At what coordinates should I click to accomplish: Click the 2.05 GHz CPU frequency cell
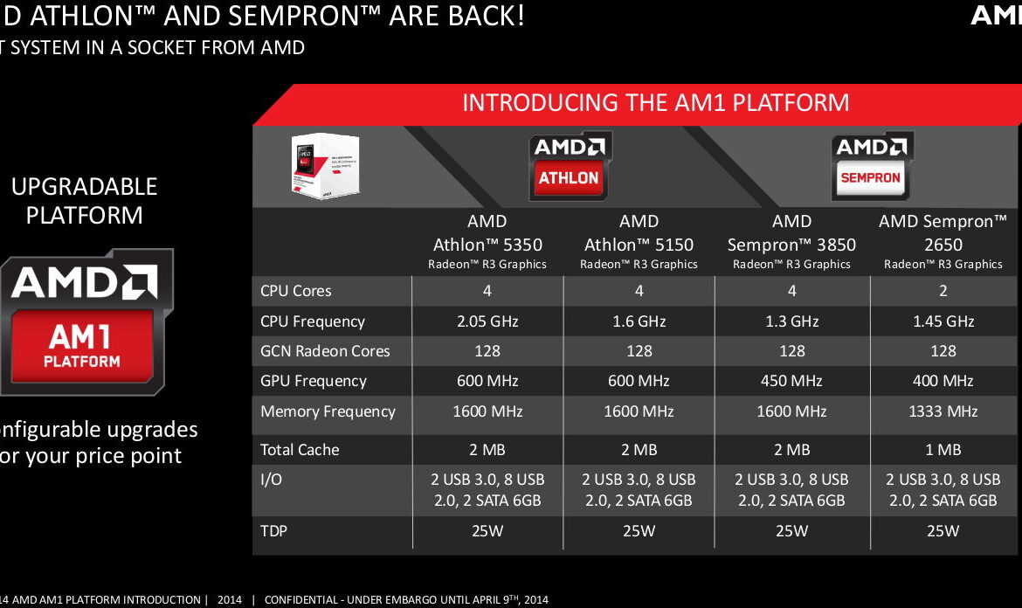click(x=487, y=321)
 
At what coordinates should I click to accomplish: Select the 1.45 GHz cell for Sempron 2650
click(x=943, y=321)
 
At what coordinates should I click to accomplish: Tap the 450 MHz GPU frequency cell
click(x=791, y=381)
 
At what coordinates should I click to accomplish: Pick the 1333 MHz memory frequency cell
click(x=943, y=411)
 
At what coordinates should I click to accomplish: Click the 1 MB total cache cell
click(x=943, y=450)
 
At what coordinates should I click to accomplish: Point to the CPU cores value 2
click(x=943, y=291)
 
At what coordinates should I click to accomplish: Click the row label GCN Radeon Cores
click(x=325, y=351)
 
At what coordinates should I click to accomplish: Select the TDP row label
click(x=275, y=530)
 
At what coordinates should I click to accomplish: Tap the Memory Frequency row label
click(x=328, y=411)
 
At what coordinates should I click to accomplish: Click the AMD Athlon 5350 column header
click(x=487, y=241)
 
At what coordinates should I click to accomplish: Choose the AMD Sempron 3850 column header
click(x=791, y=241)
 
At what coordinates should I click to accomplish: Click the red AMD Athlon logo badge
click(x=568, y=166)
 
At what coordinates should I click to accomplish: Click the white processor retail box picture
click(x=325, y=165)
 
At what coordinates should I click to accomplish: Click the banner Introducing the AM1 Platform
click(x=655, y=103)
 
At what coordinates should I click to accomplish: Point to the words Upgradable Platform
click(x=84, y=200)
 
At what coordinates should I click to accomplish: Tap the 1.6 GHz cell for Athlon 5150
click(x=639, y=321)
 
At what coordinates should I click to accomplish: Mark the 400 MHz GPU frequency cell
click(x=943, y=381)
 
